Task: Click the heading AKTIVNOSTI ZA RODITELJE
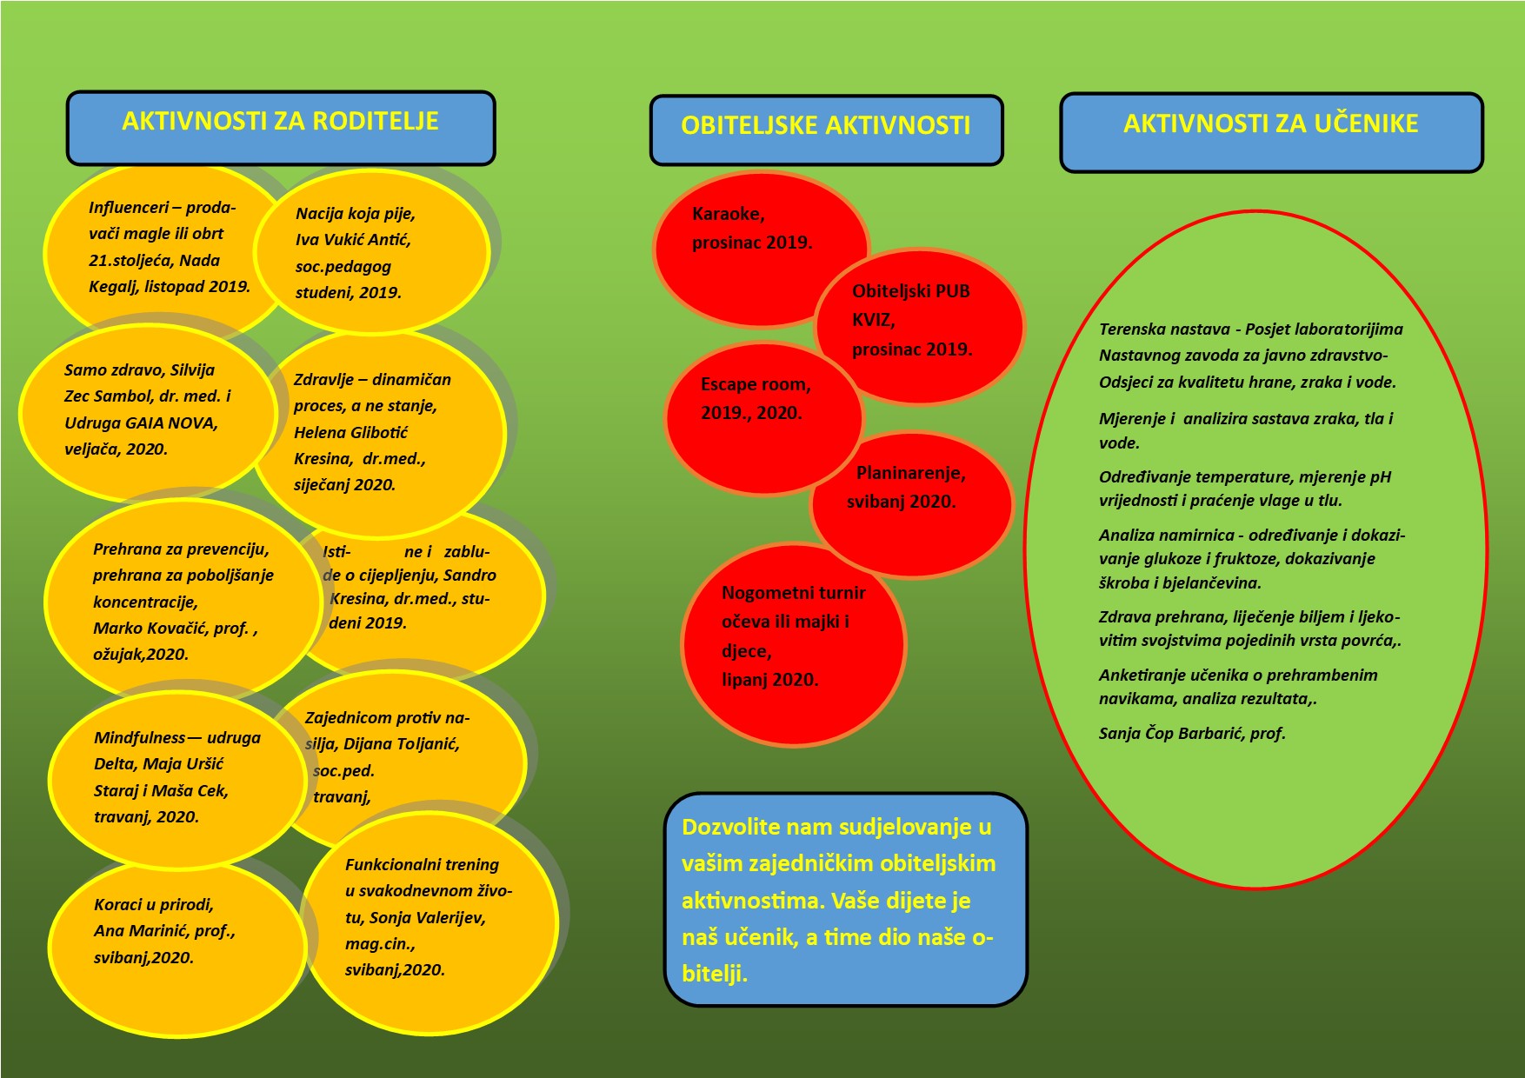280,121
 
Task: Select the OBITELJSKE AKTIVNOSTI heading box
826,130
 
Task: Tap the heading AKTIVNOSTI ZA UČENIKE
1270,123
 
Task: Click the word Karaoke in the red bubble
728,214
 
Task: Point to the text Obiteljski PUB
910,291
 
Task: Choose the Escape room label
756,384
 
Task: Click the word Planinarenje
910,473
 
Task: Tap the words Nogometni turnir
793,593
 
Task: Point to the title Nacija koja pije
355,214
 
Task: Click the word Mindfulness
139,738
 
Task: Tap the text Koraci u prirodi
153,905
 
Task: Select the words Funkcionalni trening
422,865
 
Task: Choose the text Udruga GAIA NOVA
141,423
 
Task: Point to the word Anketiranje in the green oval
1144,675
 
